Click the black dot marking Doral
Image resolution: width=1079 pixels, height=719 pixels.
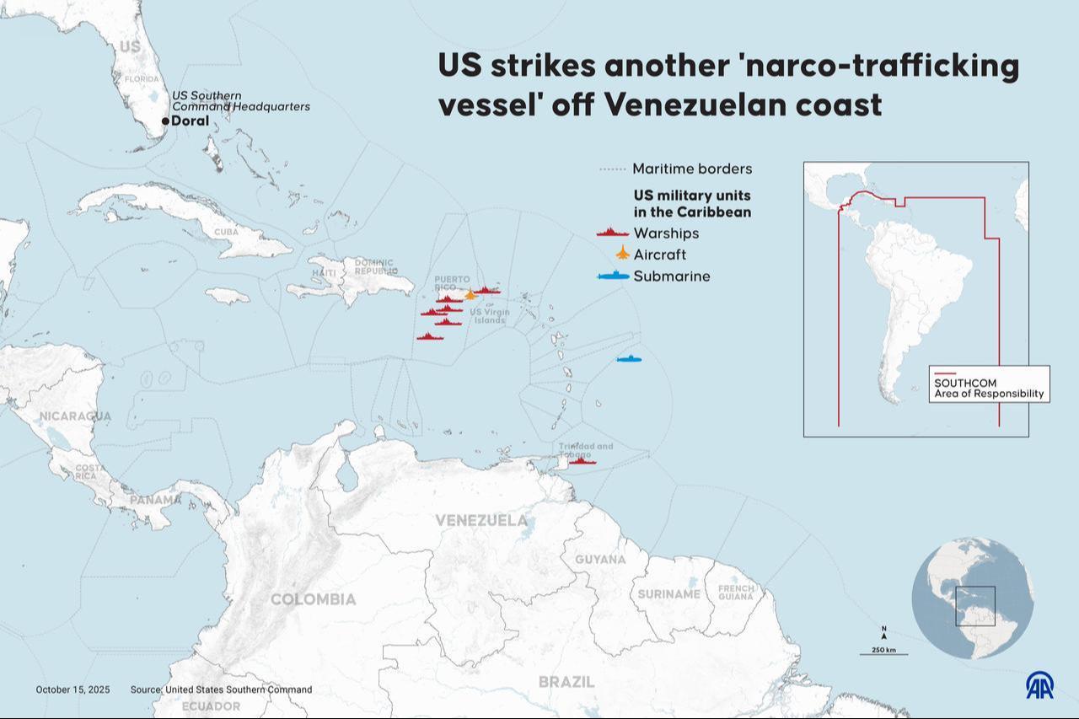[165, 121]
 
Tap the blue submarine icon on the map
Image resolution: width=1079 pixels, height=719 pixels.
[629, 359]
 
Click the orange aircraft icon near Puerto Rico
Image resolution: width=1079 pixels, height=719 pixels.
[470, 294]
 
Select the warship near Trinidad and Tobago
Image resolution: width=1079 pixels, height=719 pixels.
[582, 461]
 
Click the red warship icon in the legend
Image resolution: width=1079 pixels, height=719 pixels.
[613, 233]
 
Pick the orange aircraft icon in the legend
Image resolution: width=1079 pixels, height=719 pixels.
[622, 253]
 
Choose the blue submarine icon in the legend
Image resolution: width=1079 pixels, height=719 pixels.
[613, 276]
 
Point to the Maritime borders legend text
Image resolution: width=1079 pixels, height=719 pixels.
[692, 169]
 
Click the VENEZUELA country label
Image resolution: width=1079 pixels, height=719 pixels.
[481, 520]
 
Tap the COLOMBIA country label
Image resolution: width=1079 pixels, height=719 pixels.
[313, 599]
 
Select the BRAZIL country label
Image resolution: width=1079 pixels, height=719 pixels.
[566, 681]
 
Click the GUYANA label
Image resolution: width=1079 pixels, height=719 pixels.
[600, 559]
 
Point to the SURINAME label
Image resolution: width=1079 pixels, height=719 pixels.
[668, 593]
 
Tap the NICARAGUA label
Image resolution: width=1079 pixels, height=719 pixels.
[75, 416]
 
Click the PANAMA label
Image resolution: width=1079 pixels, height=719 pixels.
[155, 500]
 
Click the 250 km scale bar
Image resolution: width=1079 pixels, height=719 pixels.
[883, 652]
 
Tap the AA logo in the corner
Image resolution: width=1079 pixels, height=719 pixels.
[1039, 685]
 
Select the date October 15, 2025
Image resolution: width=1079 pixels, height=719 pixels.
[72, 689]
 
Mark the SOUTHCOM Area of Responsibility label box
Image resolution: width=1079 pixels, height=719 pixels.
[990, 384]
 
